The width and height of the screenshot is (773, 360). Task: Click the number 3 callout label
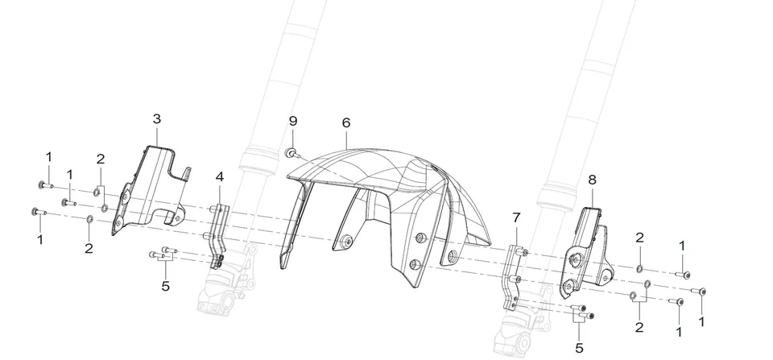157,119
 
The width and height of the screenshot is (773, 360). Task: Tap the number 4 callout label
219,176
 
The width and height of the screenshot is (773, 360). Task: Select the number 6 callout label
346,122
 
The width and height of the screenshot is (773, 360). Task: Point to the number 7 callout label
516,217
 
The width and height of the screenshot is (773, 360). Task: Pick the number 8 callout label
592,180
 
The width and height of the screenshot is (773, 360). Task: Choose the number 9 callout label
293,121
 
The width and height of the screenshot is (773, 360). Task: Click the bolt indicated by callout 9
291,153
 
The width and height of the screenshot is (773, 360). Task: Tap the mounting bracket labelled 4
219,232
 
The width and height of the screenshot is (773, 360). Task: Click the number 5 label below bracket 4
166,286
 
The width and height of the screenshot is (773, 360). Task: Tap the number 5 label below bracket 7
579,348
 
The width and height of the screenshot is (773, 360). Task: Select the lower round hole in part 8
570,284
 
